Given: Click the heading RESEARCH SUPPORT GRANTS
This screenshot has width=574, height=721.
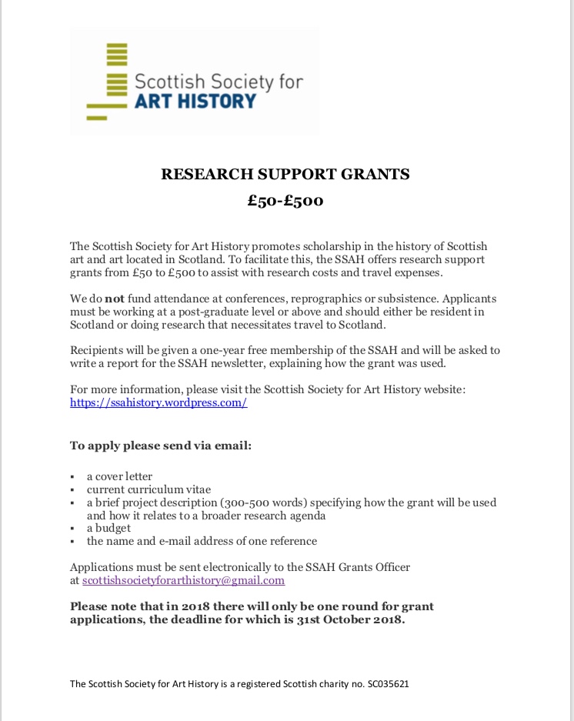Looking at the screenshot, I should [x=285, y=174].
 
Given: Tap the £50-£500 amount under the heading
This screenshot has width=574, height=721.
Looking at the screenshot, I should [x=285, y=202].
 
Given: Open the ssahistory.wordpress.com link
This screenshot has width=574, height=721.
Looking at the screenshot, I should [x=159, y=402].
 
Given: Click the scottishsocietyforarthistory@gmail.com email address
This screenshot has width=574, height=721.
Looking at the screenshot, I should [x=184, y=581].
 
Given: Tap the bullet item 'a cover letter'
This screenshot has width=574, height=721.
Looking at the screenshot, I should [x=119, y=476].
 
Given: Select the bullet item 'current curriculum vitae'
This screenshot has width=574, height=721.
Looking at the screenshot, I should [x=149, y=489].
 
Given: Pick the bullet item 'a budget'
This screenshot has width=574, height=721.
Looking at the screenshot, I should [x=108, y=528].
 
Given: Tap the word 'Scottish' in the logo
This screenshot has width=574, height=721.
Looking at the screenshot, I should [x=165, y=82].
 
